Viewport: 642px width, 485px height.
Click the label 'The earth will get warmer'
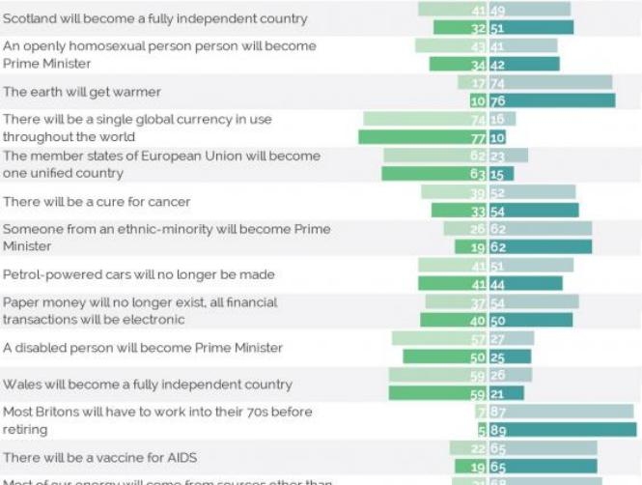point(82,92)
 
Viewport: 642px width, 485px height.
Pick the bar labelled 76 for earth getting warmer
point(551,100)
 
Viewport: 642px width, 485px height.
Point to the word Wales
point(24,385)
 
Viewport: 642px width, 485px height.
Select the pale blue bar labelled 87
point(560,412)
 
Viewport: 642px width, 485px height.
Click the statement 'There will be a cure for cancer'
point(97,202)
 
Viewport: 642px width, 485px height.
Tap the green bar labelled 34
point(458,65)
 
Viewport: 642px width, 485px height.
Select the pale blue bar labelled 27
point(511,339)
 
